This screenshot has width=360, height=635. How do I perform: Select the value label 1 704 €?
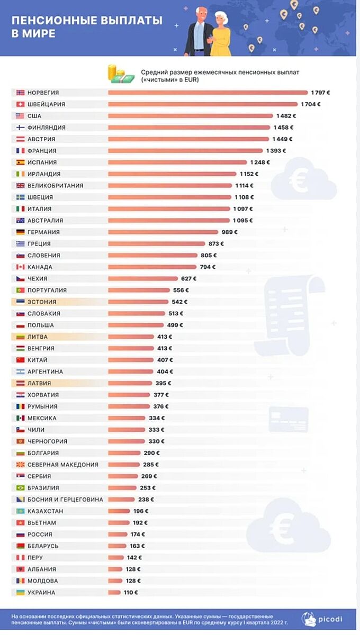pyautogui.click(x=311, y=104)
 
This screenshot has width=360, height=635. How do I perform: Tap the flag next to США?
pyautogui.click(x=20, y=116)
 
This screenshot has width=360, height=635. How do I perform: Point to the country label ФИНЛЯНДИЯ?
pyautogui.click(x=47, y=128)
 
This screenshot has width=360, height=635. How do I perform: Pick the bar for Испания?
pyautogui.click(x=177, y=162)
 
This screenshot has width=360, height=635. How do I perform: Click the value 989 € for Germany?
pyautogui.click(x=229, y=232)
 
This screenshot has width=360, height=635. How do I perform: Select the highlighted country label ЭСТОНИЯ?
pyautogui.click(x=42, y=302)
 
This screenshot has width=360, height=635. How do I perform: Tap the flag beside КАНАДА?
pyautogui.click(x=20, y=267)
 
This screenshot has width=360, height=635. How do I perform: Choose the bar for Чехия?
pyautogui.click(x=143, y=279)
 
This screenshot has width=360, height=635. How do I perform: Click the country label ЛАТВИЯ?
pyautogui.click(x=39, y=384)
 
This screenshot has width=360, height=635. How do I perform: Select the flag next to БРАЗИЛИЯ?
pyautogui.click(x=20, y=488)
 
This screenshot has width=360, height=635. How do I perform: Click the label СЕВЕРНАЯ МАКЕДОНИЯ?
pyautogui.click(x=63, y=465)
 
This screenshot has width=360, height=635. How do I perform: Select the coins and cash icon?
pyautogui.click(x=122, y=74)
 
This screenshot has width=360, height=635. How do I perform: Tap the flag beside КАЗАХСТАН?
pyautogui.click(x=20, y=511)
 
